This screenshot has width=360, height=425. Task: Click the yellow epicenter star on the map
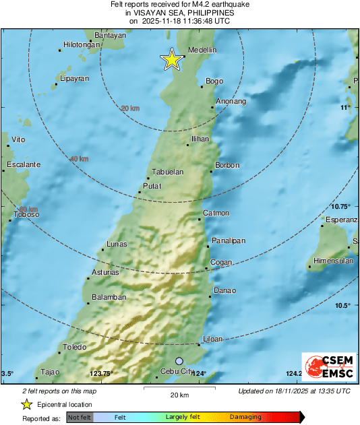[172, 60]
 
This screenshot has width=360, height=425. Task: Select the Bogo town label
[214, 81]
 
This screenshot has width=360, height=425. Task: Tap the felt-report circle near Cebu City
[179, 361]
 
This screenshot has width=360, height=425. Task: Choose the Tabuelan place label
[167, 172]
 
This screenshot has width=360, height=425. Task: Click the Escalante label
[24, 165]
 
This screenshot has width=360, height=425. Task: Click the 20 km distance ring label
[130, 108]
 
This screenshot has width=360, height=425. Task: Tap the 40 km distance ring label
[79, 159]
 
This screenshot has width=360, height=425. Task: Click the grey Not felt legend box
[80, 417]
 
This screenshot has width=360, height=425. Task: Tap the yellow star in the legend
[26, 404]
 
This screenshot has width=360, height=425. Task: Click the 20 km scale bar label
[179, 394]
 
